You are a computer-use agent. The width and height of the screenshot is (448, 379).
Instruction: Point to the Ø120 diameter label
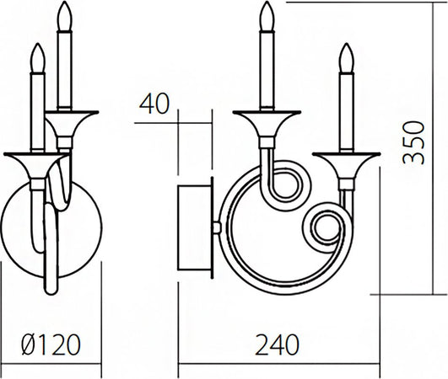(50, 344)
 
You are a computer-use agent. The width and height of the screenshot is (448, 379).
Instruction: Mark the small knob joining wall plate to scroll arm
(219, 227)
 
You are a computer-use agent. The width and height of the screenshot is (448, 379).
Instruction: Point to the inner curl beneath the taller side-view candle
(283, 187)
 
